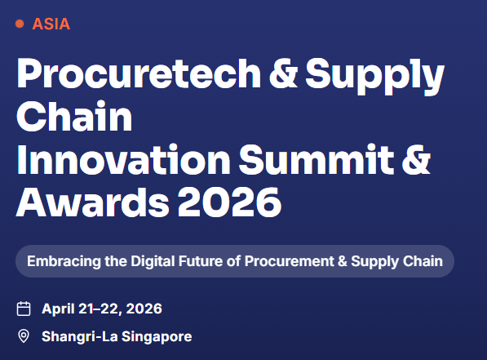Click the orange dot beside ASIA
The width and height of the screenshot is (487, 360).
(20, 24)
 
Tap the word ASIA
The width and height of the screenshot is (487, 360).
(51, 24)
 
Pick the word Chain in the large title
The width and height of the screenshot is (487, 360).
(73, 118)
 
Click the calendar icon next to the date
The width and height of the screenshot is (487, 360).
(24, 309)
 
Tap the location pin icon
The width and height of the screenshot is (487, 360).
(24, 336)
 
